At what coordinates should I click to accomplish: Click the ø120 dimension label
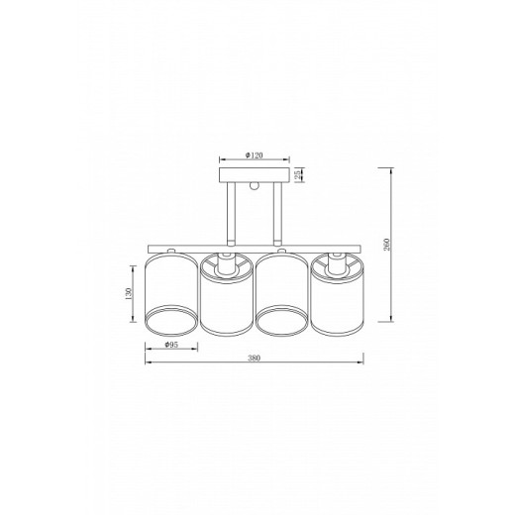[253, 155]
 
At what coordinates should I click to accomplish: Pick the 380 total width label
[256, 361]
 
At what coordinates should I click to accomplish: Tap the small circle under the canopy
[255, 185]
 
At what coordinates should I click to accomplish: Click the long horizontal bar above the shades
[255, 248]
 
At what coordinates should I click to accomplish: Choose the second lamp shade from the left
[228, 295]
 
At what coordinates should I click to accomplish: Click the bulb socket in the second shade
[228, 265]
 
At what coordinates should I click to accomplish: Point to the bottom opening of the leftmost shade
[171, 322]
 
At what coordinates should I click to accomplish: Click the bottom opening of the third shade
[283, 322]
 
